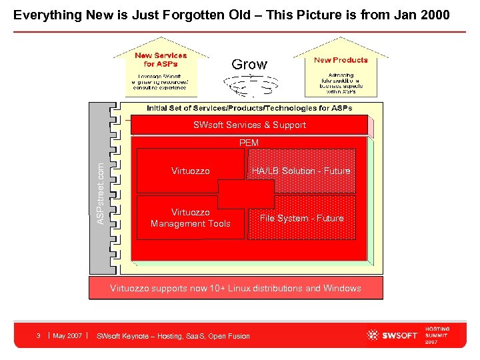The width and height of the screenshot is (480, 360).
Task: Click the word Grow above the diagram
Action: coord(249,65)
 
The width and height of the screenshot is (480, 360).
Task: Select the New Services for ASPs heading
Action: coord(161,60)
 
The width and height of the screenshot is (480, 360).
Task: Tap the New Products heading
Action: coord(341,60)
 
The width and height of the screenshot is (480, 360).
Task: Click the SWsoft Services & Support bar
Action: coord(249,125)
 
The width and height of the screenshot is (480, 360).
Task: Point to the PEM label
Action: coord(249,143)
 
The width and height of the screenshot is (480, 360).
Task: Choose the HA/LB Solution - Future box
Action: coord(301,171)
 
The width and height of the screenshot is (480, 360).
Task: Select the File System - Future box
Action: coord(301,218)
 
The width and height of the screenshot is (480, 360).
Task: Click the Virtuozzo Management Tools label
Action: coord(190,218)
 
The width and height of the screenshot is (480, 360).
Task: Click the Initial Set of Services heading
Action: coord(249,108)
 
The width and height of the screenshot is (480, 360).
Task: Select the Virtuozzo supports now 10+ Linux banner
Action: coord(235,288)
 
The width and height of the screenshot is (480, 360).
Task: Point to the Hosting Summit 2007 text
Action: coord(437,335)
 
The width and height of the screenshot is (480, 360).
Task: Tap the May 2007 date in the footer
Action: coord(67,335)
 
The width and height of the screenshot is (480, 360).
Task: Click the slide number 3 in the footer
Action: coord(39,335)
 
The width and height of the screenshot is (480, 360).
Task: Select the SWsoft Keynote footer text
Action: coord(173,336)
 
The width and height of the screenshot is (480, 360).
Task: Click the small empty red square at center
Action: coord(245,194)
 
